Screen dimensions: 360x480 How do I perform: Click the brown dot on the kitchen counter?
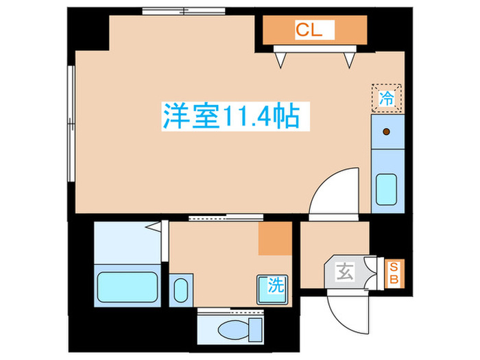point(385,131)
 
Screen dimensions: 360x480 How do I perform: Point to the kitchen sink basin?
point(386,189)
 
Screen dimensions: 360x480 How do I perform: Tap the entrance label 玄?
point(344,272)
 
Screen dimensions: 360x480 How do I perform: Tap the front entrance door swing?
point(350,307)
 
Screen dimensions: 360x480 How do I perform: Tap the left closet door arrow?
point(280,59)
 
